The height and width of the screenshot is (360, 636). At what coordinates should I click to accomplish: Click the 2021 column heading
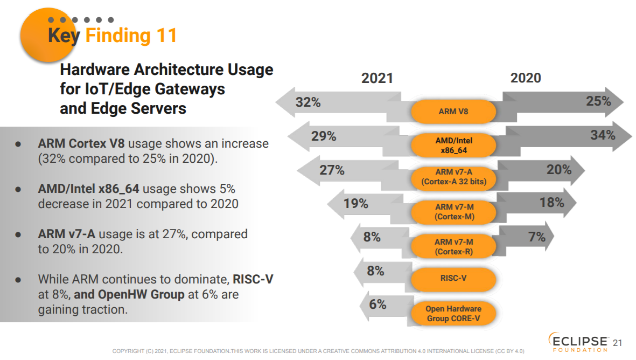pos(377,78)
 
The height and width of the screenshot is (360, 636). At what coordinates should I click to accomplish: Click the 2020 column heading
pos(526,78)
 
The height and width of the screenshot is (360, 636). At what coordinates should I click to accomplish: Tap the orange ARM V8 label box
pos(453,112)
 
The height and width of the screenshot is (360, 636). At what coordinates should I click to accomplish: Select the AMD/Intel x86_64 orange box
pos(453,145)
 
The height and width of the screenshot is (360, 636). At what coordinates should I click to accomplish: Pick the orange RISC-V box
pos(453,279)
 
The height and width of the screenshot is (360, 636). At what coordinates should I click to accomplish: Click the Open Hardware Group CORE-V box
pos(453,313)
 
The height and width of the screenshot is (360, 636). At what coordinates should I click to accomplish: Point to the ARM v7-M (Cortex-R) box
pos(453,246)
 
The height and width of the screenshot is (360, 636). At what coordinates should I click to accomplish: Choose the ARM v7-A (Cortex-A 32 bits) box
pos(453,177)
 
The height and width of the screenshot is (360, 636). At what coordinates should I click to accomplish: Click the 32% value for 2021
pos(308,102)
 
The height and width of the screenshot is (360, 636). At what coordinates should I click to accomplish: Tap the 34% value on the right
pos(602,135)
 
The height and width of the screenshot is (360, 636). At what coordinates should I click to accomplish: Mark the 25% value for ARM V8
pos(598,101)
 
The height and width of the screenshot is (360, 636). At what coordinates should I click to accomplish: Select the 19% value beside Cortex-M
pos(355,204)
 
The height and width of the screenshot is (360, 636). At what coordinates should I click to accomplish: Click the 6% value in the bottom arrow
pos(378,304)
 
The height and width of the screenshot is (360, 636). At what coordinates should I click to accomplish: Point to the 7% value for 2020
pos(536,237)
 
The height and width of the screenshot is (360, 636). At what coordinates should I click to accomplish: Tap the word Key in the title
pos(64,36)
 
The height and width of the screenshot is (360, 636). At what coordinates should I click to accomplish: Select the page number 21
pos(618,343)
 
